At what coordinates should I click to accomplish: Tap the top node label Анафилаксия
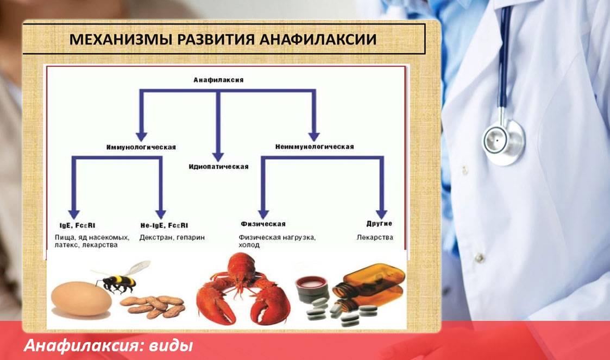[x=219, y=80]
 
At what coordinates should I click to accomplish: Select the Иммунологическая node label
[x=141, y=147]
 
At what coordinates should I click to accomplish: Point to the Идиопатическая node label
[x=219, y=167]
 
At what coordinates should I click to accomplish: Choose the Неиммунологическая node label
[x=315, y=147]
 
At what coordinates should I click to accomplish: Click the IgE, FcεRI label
[x=78, y=225]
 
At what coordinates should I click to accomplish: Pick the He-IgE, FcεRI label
[x=164, y=225]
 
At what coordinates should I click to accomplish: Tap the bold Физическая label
[x=263, y=224]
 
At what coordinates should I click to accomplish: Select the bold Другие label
[x=379, y=224]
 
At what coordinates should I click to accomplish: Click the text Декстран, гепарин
[x=172, y=237]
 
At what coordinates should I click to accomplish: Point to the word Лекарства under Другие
[x=375, y=237]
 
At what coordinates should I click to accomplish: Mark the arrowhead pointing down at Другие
[x=382, y=214]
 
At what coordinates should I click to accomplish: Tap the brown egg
[x=81, y=299]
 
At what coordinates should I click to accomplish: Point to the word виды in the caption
[x=171, y=345]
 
